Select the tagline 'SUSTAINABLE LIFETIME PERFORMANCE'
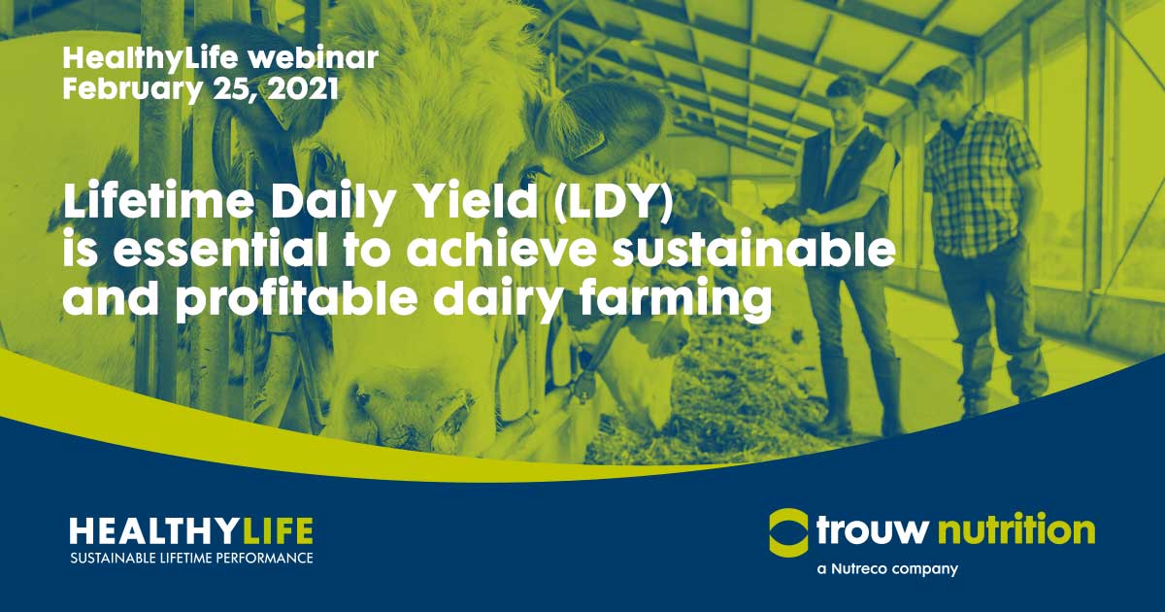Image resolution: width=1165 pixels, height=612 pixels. (x=191, y=559)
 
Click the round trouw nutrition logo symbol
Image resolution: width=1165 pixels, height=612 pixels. (x=787, y=530)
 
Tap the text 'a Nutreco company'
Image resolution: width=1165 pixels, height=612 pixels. (x=887, y=568)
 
